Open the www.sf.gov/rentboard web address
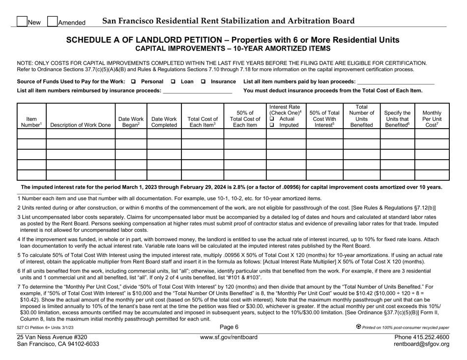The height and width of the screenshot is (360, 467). pyautogui.click(x=233, y=337)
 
